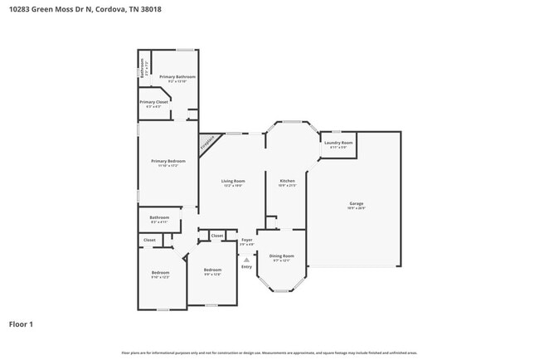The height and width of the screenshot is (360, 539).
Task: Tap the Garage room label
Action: (356, 204)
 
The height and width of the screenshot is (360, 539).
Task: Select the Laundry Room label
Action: (338, 143)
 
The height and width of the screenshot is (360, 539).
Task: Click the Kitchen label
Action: (287, 181)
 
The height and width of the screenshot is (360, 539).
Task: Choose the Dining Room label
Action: (282, 256)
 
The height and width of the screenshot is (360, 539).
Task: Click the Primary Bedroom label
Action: (168, 161)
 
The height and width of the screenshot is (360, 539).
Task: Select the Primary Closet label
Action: (153, 102)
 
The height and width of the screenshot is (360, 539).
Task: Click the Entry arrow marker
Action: (246, 259)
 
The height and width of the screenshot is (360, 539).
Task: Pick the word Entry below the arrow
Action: (246, 266)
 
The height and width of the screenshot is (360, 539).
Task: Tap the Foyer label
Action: (246, 241)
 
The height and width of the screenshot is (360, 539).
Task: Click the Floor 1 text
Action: (21, 324)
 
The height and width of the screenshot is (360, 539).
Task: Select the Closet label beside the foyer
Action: (216, 236)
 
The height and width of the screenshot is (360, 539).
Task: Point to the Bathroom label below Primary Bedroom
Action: (159, 218)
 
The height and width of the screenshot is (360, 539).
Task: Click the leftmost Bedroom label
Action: (160, 273)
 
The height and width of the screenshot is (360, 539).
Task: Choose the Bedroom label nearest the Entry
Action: (213, 270)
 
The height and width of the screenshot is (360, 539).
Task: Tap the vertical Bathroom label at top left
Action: (143, 66)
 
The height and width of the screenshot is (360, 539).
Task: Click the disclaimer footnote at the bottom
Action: (269, 352)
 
